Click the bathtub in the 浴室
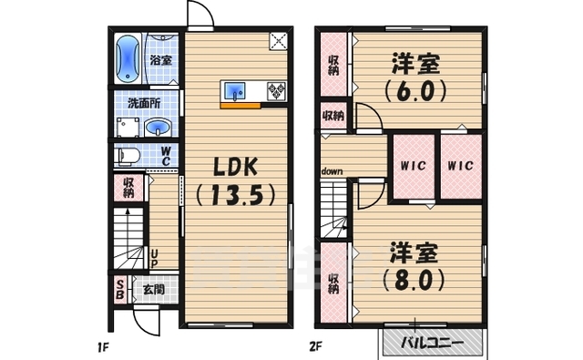pyautogui.click(x=127, y=58)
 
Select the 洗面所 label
pyautogui.click(x=140, y=102)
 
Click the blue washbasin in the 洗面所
pyautogui.click(x=157, y=126)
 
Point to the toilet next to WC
pyautogui.click(x=128, y=155)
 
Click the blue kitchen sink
pyautogui.click(x=236, y=91)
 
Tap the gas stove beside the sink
pyautogui.click(x=274, y=91)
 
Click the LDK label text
pyautogui.click(x=236, y=167)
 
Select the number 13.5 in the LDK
pyautogui.click(x=236, y=195)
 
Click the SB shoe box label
pyautogui.click(x=119, y=292)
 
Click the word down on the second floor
pyautogui.click(x=331, y=171)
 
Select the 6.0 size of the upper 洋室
pyautogui.click(x=416, y=92)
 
